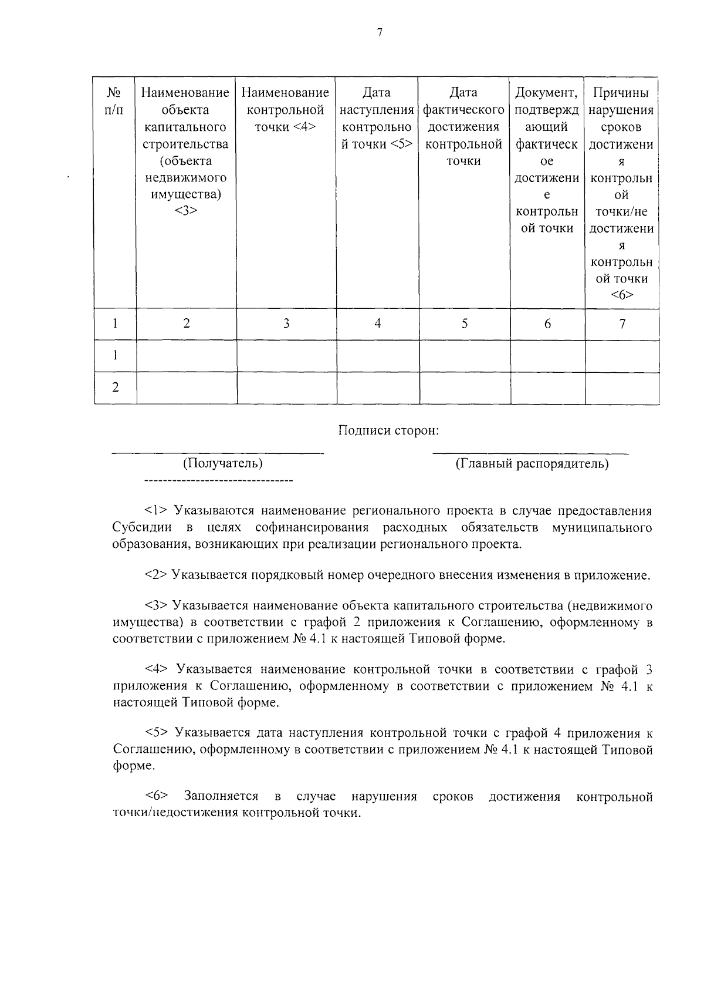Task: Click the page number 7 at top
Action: pos(380,33)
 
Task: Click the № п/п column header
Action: pos(115,101)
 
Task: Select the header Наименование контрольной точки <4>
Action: pos(286,110)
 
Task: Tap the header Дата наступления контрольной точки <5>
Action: pos(377,118)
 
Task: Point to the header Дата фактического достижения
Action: pos(464,126)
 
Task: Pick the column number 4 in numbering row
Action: pos(378,324)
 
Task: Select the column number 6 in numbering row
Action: pos(547,324)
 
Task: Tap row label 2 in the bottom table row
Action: pos(115,388)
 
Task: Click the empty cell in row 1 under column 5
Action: pos(464,356)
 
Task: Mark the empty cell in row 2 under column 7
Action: pos(622,388)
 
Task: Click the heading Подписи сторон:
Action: pos(388,430)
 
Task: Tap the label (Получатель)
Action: pos(222,463)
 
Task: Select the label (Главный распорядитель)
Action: pos(532,464)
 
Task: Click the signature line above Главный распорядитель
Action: pos(530,453)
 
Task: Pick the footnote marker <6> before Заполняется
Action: pos(157,796)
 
